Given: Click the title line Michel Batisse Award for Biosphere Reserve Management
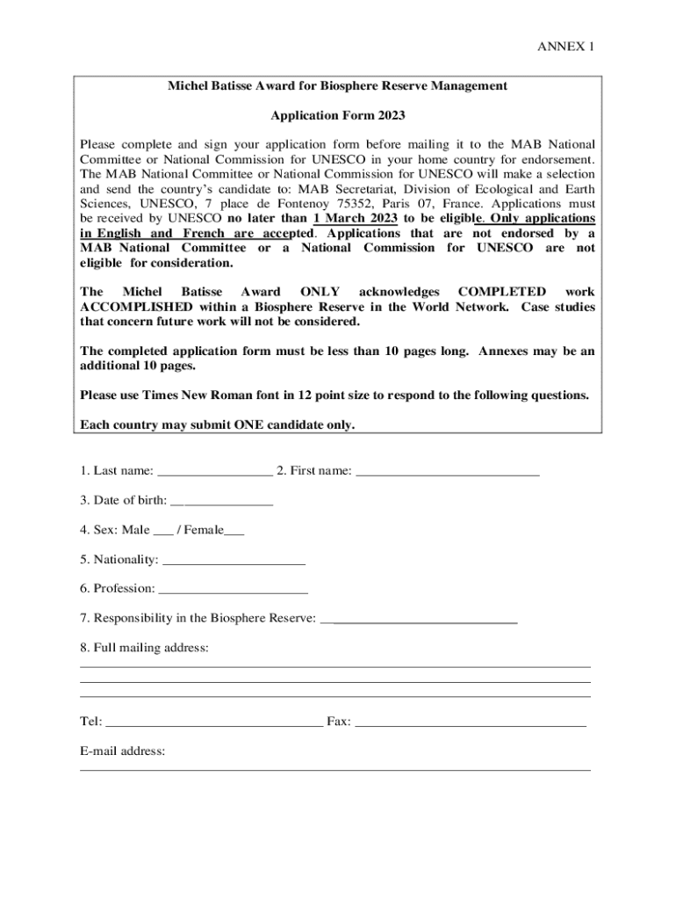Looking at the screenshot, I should pyautogui.click(x=338, y=86).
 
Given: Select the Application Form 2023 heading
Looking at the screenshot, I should pyautogui.click(x=338, y=115).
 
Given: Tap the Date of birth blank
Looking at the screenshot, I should pyautogui.click(x=222, y=503).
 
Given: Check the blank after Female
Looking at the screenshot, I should pyautogui.click(x=234, y=532).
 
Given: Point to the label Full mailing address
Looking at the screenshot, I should pyautogui.click(x=144, y=648).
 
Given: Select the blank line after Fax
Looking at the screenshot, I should pyautogui.click(x=470, y=723).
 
